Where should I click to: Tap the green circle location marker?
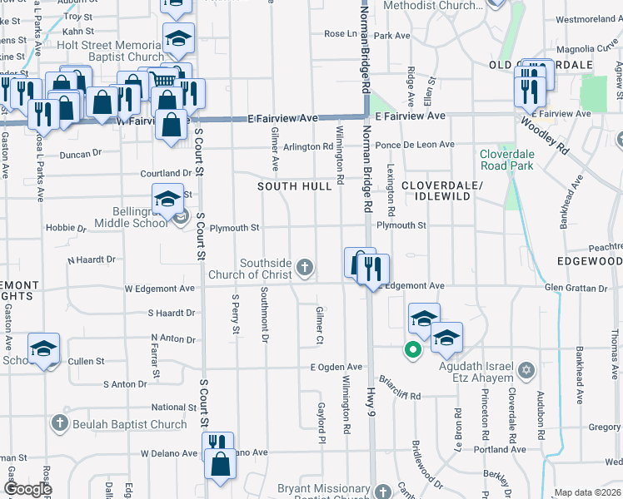point(411,350)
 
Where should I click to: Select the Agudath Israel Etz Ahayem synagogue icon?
point(526,368)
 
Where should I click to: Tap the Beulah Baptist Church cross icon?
point(59,424)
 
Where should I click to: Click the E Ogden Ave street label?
point(336,367)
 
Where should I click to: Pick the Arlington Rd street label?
point(308,147)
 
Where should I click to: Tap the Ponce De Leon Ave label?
point(415,145)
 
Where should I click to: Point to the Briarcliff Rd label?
point(400,390)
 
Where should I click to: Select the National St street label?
point(174,408)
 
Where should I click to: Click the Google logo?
point(27,489)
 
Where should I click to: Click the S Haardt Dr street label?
point(172,314)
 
